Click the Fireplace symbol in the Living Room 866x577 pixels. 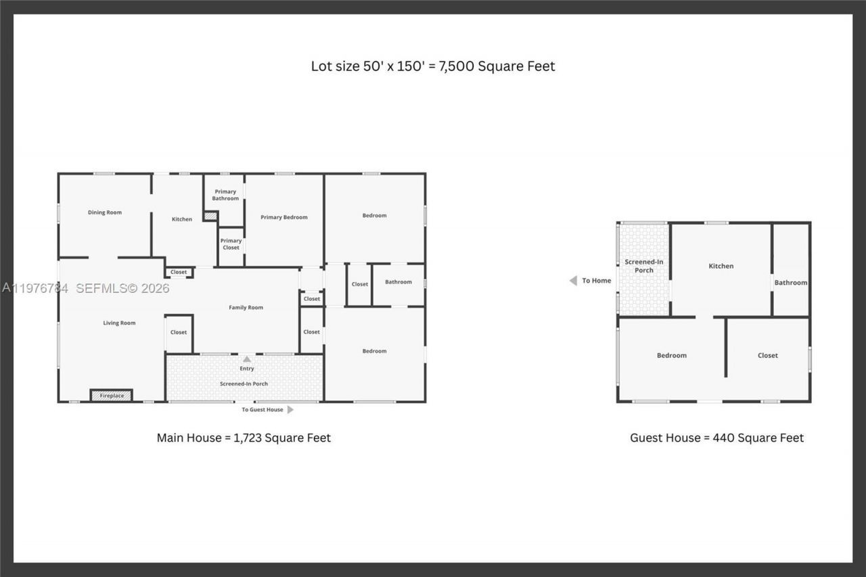coord(112,395)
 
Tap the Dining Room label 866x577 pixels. coord(105,212)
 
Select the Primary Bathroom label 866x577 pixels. coord(225,195)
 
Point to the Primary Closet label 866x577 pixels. coord(231,244)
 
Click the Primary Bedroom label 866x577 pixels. coord(284,217)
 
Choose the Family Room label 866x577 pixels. coord(246,308)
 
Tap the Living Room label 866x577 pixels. coord(119,323)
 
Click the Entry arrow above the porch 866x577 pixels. coord(247,359)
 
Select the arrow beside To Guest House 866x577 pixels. coord(290,410)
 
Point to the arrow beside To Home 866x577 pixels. coord(573,281)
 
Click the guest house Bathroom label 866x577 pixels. coord(791,283)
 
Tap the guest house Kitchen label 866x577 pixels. coord(721,266)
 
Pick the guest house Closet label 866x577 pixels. coord(768,355)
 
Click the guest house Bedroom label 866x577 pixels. coord(672,355)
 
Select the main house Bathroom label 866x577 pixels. coord(398,281)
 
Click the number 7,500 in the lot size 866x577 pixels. coord(457,66)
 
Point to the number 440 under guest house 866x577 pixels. coord(724,438)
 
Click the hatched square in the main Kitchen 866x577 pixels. coord(210,216)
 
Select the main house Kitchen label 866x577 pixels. coord(182,219)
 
